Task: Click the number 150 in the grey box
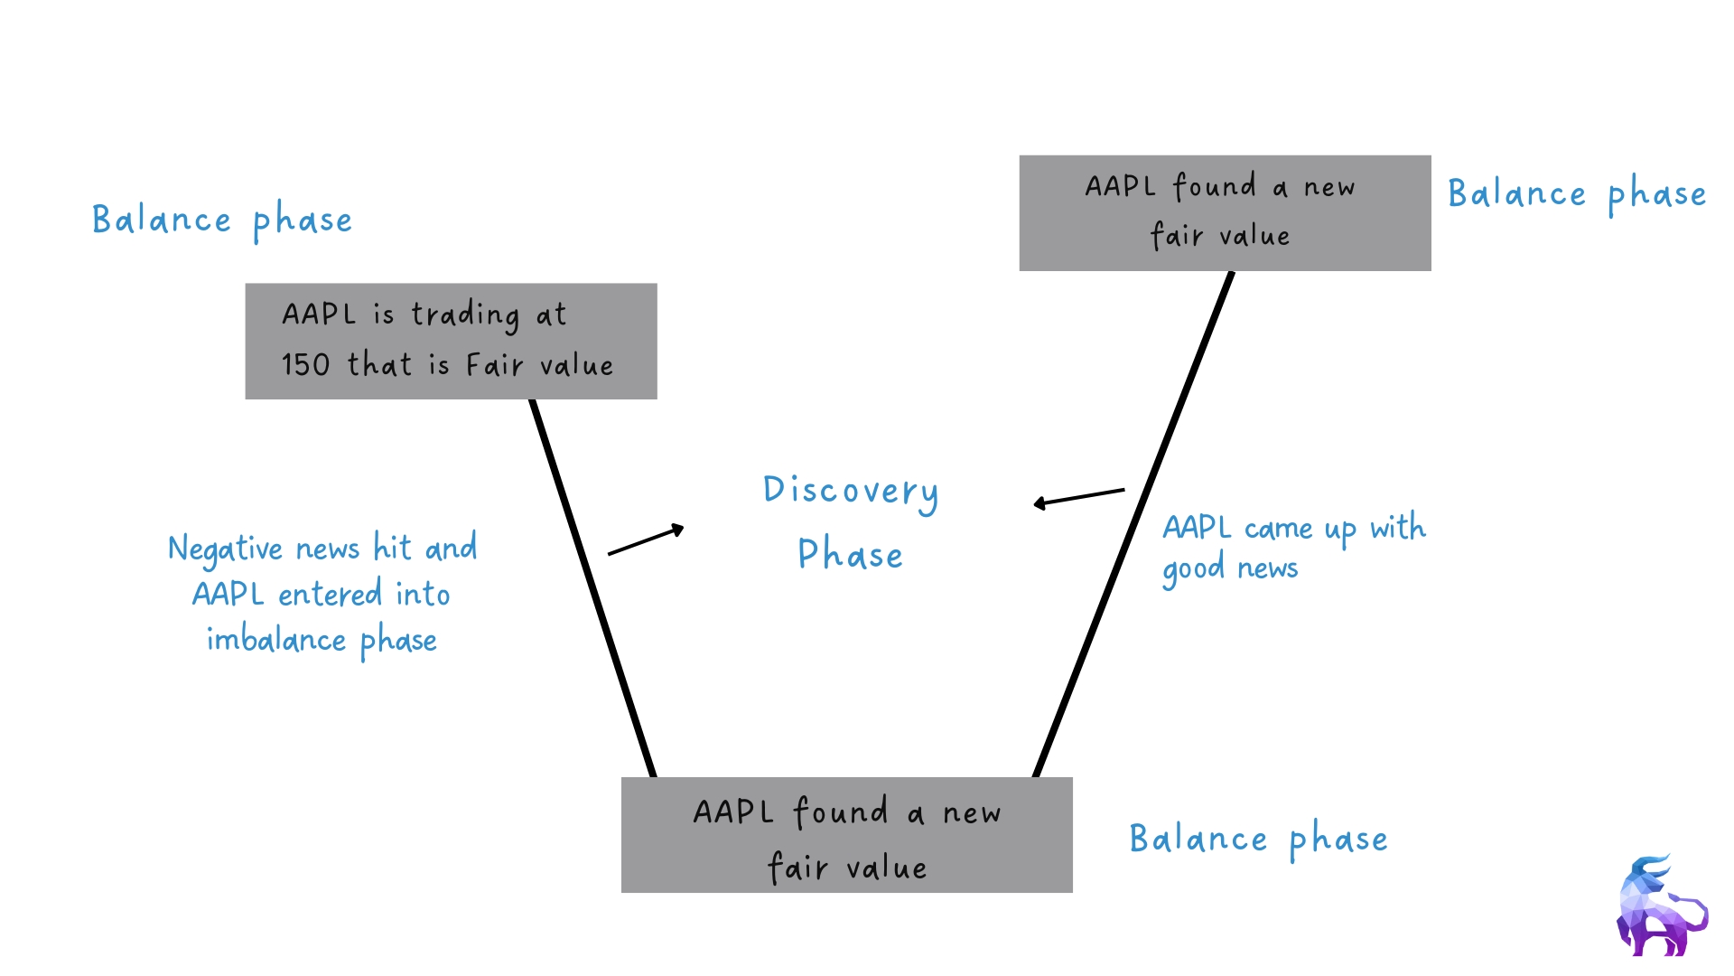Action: (305, 364)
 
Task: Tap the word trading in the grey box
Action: (465, 315)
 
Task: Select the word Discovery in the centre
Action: (851, 492)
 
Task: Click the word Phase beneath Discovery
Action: (850, 554)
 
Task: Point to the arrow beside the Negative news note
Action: (646, 540)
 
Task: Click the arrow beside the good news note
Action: (1078, 496)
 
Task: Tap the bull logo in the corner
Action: (1660, 906)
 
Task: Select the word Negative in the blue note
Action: (226, 549)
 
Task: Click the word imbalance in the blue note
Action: (276, 639)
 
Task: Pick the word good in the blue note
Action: (1192, 570)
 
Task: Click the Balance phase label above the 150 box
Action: (222, 220)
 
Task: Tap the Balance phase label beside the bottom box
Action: (1258, 840)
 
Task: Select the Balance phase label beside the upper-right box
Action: (1577, 194)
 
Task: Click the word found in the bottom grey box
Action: (841, 812)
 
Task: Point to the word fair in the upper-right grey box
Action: (1177, 236)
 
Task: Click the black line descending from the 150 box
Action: (592, 587)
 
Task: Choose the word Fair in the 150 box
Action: (494, 365)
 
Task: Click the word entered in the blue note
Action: (330, 595)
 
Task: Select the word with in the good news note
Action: (1397, 527)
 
